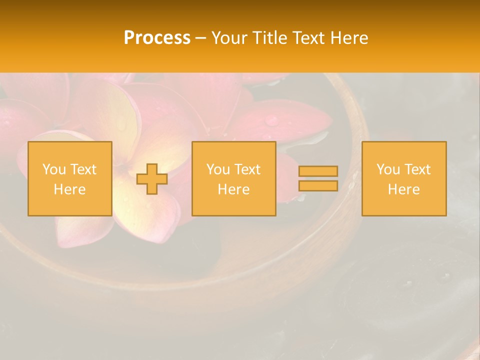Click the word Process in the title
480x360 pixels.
point(157,38)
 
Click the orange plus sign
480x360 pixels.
point(152,179)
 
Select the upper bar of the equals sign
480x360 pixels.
point(318,171)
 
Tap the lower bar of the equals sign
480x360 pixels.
point(318,186)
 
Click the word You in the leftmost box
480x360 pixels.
point(53,169)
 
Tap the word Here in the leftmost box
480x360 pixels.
point(69,189)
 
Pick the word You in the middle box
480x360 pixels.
point(217,169)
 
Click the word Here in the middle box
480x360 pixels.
point(234,189)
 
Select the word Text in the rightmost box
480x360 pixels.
point(416,169)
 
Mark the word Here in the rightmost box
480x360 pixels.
point(404,189)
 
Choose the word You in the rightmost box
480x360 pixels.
point(387,169)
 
